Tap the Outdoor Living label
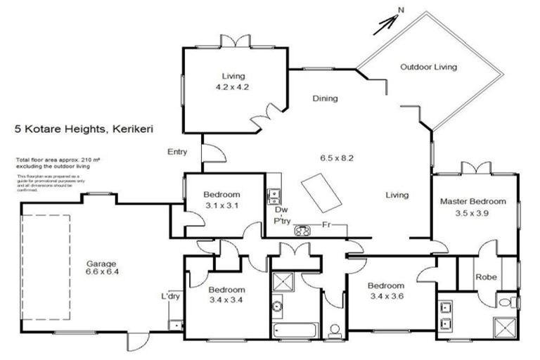coord(428,67)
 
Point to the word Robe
coord(486,277)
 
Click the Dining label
coord(325,98)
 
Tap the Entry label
coord(177,152)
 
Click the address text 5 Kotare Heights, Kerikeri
coord(85,129)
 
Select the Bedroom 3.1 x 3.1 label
coord(221,200)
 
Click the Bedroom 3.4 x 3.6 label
coord(386,291)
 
